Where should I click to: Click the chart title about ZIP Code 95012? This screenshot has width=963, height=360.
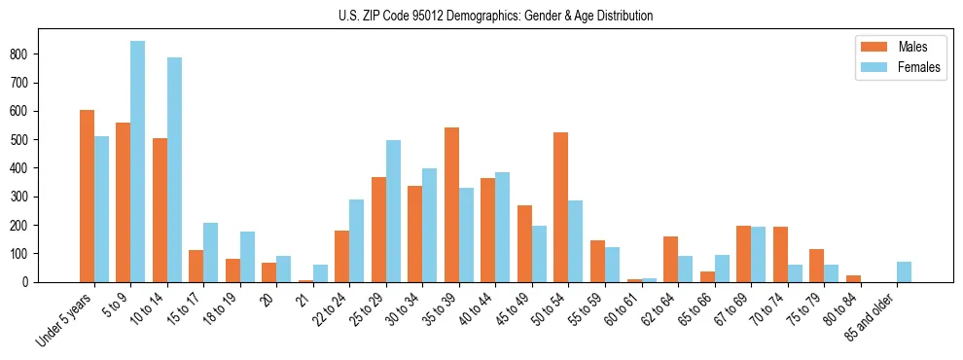pyautogui.click(x=481, y=16)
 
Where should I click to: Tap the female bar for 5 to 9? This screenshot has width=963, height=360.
pyautogui.click(x=137, y=162)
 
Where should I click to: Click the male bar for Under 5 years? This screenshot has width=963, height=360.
pyautogui.click(x=87, y=196)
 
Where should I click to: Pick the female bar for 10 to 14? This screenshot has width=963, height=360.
pyautogui.click(x=174, y=169)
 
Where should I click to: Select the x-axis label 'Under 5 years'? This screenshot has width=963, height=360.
pyautogui.click(x=66, y=319)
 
